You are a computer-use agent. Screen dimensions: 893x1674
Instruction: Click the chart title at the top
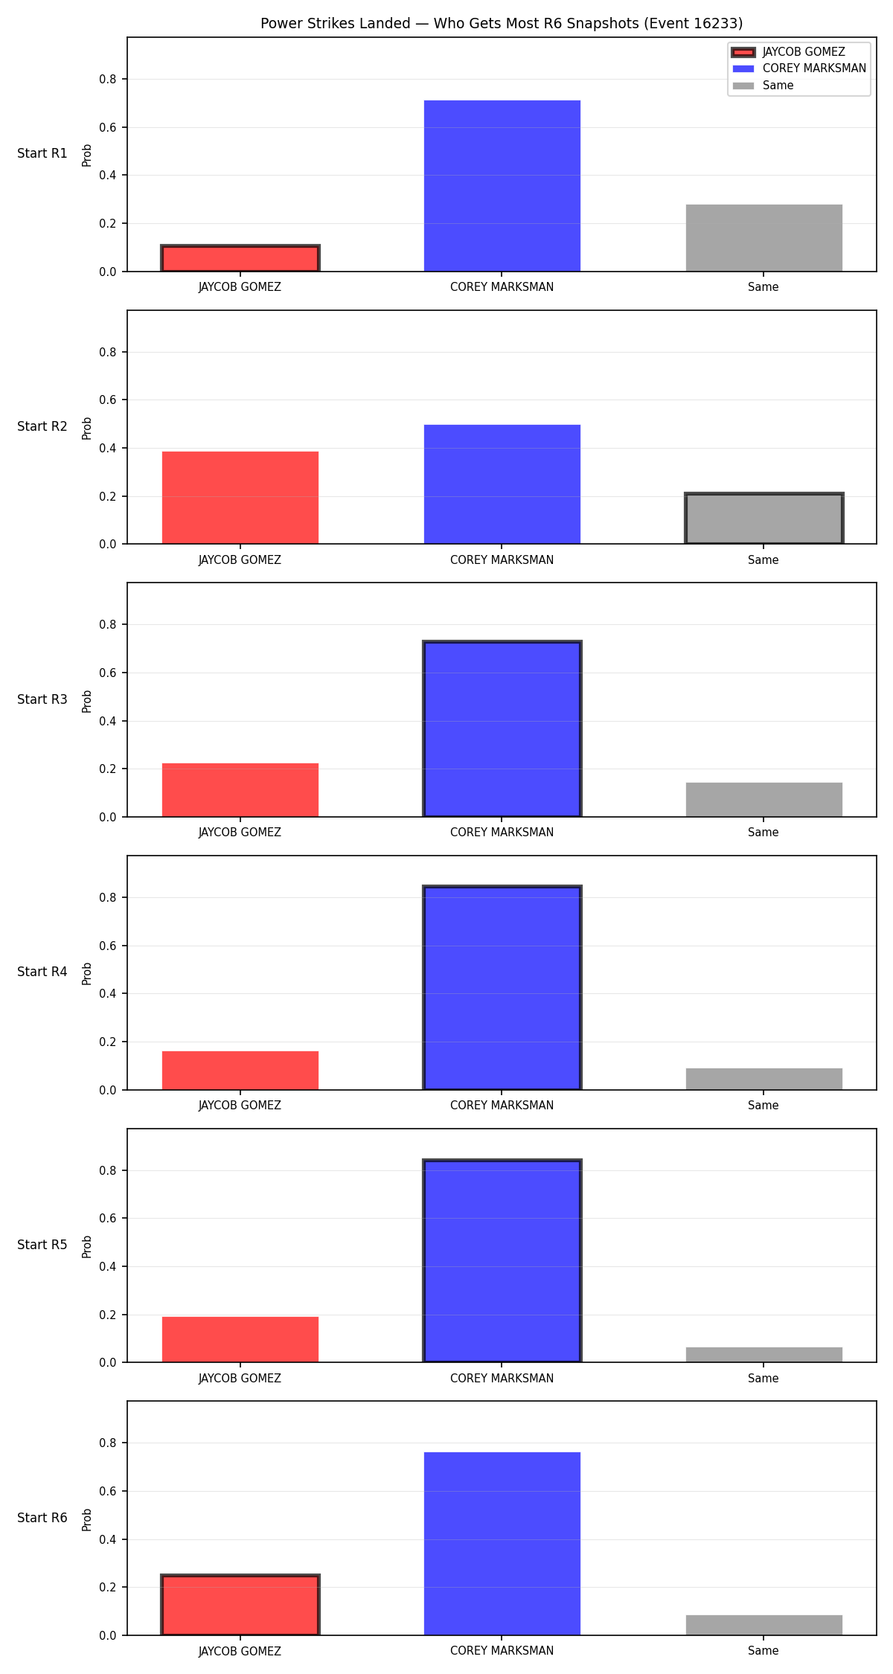point(502,23)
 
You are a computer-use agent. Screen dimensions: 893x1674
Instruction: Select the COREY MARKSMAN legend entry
point(799,68)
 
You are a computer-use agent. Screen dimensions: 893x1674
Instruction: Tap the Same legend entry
point(763,86)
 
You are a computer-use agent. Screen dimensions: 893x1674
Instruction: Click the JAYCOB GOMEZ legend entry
point(789,52)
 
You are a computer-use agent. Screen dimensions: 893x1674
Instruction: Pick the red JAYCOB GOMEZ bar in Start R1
point(240,258)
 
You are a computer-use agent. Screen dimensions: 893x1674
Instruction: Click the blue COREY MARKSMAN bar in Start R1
point(502,186)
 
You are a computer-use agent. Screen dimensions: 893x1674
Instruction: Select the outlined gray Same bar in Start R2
point(764,519)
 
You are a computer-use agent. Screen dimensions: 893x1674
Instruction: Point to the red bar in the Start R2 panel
point(240,498)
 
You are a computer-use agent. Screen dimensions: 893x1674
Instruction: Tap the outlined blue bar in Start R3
point(502,729)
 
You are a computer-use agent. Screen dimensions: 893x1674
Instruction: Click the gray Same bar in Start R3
point(764,800)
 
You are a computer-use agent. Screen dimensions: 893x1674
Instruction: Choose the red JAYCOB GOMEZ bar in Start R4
point(240,1071)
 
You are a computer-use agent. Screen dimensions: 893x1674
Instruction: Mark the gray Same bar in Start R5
point(764,1355)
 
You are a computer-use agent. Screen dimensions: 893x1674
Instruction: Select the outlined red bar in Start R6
point(240,1605)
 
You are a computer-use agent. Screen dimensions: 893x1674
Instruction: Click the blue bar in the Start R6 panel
point(502,1544)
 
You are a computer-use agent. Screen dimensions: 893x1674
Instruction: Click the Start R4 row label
point(42,972)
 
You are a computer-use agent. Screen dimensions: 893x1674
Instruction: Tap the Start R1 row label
point(42,153)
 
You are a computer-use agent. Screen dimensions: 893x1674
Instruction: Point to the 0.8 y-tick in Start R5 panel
point(109,1170)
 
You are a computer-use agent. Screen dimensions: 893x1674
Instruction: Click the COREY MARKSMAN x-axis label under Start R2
point(502,560)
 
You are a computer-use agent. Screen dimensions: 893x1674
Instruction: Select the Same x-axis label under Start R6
point(764,1651)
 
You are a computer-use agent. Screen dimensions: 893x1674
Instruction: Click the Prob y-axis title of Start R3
point(87,701)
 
